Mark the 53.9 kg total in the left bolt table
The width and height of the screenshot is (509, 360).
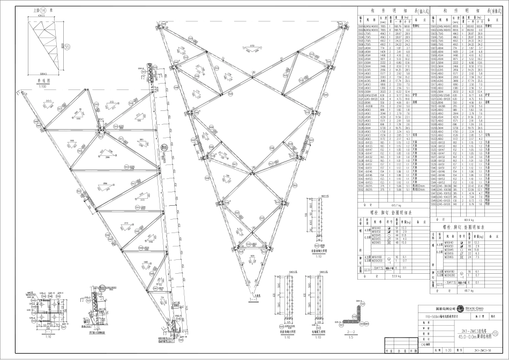click(x=381, y=276)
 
